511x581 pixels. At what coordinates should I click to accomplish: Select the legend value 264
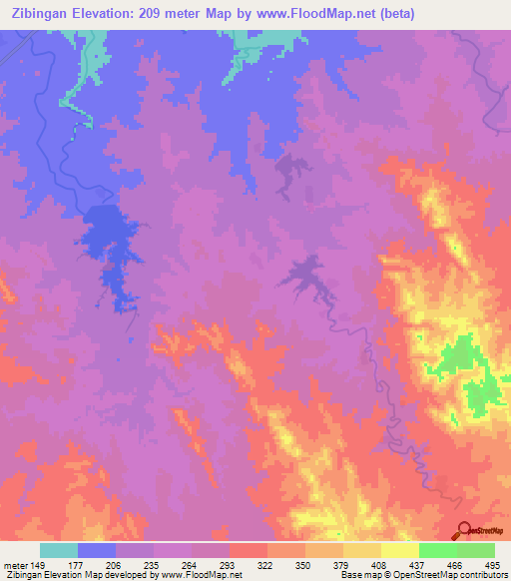point(192,565)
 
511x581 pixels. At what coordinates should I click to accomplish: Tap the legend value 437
point(418,565)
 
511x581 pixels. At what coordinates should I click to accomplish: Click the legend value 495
point(493,565)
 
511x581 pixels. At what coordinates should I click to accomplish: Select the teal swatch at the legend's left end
point(59,550)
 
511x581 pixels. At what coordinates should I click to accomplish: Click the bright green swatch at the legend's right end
point(475,550)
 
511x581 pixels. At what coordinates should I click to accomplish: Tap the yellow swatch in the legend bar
point(399,550)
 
